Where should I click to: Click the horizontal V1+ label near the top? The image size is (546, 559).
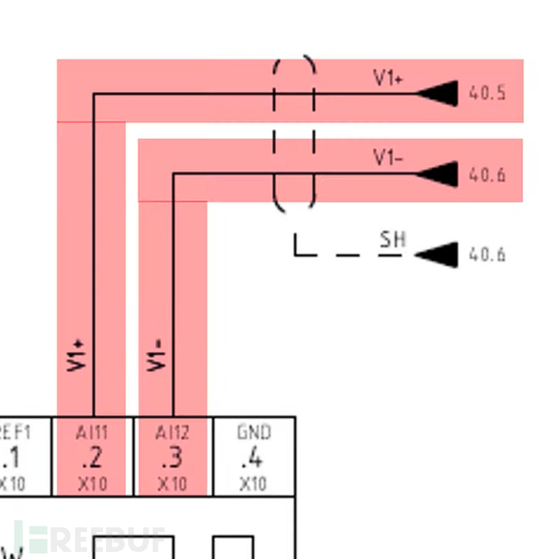388,78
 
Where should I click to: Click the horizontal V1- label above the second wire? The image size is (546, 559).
388,158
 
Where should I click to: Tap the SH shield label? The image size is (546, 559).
391,239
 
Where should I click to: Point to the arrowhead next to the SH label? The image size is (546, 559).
438,255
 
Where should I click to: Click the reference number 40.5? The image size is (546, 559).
487,93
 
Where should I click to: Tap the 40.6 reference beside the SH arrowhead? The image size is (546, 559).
487,255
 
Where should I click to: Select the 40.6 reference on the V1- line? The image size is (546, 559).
487,174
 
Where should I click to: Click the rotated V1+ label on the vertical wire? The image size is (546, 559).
76,356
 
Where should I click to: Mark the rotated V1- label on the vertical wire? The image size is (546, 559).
157,356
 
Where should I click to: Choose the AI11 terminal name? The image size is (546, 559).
93,433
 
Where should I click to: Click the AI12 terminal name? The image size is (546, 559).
173,433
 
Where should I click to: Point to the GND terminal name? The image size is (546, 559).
253,433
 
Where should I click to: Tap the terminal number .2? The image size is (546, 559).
93,458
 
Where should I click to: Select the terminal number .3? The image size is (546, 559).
173,458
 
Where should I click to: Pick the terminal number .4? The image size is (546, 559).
253,458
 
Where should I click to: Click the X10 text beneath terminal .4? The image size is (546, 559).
253,484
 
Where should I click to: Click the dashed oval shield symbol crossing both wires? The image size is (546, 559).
294,133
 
